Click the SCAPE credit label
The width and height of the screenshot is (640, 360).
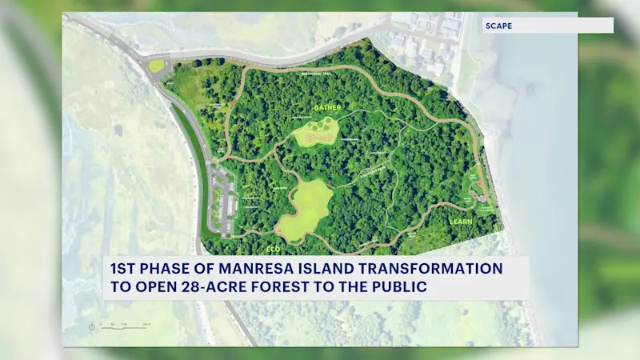tap(498, 26)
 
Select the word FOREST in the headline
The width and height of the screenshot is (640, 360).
tap(289, 287)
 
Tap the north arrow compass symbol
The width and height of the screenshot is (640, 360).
tap(94, 325)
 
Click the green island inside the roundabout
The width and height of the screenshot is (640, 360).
tap(157, 66)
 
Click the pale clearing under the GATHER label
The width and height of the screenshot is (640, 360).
tap(317, 134)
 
